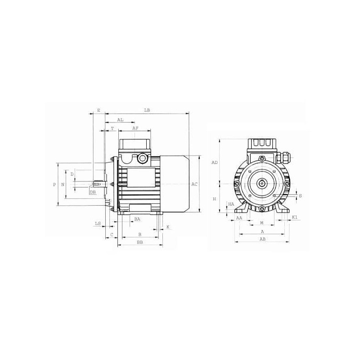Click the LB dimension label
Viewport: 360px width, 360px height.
tap(147, 110)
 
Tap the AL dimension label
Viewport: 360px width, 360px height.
tap(120, 120)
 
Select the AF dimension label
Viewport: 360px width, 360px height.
tap(135, 128)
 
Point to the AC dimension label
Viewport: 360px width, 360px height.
tap(194, 184)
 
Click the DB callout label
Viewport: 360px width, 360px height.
tap(93, 193)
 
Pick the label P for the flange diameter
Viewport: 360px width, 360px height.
tap(54, 184)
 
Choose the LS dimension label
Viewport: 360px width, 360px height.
tap(98, 223)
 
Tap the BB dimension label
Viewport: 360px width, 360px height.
tap(140, 242)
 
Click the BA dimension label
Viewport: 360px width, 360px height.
tap(137, 219)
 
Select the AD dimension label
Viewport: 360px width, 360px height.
tap(215, 162)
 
